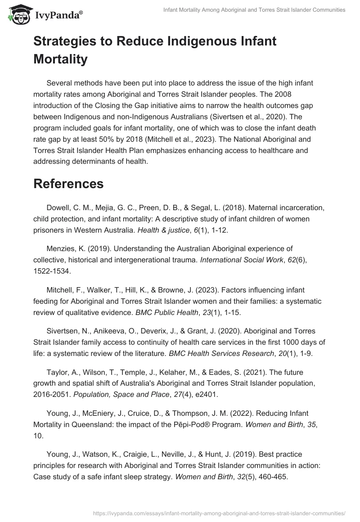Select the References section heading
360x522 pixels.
click(x=68, y=184)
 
